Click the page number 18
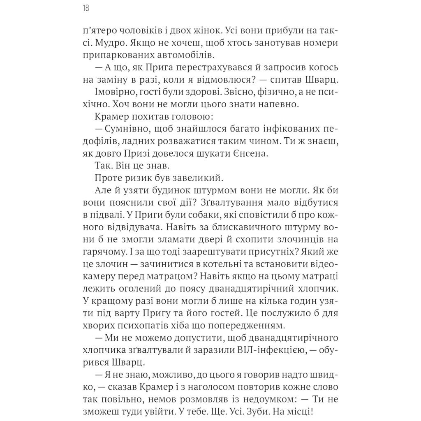coord(86,8)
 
